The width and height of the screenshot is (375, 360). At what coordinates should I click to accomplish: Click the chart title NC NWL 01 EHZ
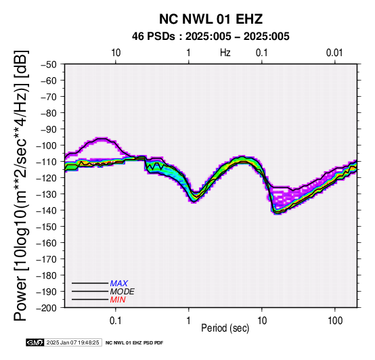pyautogui.click(x=211, y=19)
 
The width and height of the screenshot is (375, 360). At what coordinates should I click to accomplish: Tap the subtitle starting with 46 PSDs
pyautogui.click(x=211, y=37)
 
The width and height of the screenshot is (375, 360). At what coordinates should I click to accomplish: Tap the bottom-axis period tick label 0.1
pyautogui.click(x=116, y=321)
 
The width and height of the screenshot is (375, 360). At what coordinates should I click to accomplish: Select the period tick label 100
pyautogui.click(x=335, y=321)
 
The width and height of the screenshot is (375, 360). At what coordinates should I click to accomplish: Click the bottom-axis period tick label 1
pyautogui.click(x=189, y=321)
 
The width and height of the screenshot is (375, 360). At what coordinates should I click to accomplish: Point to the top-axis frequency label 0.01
pyautogui.click(x=334, y=53)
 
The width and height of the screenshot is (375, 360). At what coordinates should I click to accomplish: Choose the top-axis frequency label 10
pyautogui.click(x=116, y=53)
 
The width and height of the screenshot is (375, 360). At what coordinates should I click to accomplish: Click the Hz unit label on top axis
pyautogui.click(x=225, y=53)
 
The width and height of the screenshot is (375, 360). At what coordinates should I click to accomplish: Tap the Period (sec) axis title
pyautogui.click(x=225, y=328)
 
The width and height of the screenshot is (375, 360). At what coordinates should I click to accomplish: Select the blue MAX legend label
pyautogui.click(x=119, y=284)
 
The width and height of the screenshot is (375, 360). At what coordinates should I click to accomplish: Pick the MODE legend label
pyautogui.click(x=123, y=292)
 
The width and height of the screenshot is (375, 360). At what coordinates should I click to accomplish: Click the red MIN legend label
pyautogui.click(x=118, y=300)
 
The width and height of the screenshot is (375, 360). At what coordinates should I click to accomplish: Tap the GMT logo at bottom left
pyautogui.click(x=35, y=342)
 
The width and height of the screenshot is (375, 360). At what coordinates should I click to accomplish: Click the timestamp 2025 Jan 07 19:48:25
pyautogui.click(x=72, y=342)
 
